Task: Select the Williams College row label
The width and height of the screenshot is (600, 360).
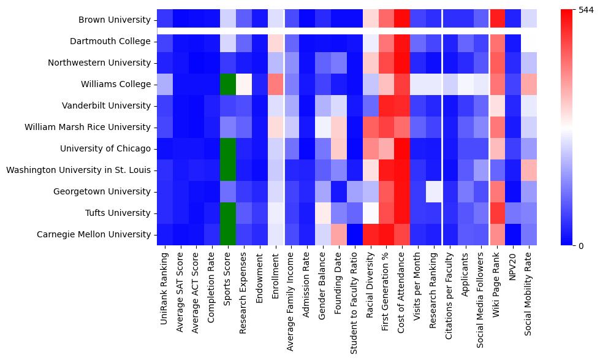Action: (116, 85)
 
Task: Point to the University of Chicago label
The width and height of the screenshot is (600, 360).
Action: (105, 148)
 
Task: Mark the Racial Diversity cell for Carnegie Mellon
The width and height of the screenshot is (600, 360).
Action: (370, 234)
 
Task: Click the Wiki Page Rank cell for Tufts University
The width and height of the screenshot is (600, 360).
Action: (498, 213)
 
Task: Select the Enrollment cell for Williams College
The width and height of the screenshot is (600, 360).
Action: (276, 85)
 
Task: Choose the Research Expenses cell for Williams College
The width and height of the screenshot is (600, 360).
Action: (244, 85)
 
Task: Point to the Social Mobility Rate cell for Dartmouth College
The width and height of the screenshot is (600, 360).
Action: (530, 42)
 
